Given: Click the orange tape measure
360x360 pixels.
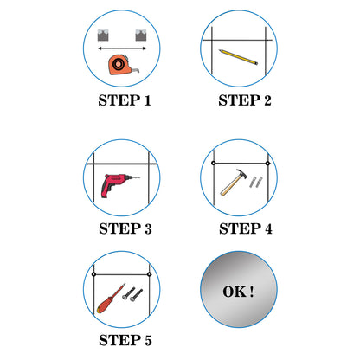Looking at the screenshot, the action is [x=120, y=64].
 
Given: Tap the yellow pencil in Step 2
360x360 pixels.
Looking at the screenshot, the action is [x=238, y=57].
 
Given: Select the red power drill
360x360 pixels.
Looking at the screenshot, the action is [x=115, y=184].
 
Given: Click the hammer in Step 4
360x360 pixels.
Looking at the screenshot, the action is [x=234, y=182].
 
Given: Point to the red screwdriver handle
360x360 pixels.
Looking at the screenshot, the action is [x=106, y=304].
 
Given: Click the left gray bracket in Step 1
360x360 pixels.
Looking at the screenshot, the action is [x=103, y=35].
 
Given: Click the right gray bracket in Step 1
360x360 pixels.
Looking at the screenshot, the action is [x=141, y=35].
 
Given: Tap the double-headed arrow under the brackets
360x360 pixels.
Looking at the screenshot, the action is [x=122, y=48].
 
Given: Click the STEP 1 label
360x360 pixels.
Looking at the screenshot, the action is [x=125, y=100].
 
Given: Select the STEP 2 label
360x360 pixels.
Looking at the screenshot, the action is [x=245, y=100].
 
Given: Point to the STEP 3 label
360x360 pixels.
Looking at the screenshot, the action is [x=125, y=228].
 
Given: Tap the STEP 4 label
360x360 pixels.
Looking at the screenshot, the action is [x=246, y=228].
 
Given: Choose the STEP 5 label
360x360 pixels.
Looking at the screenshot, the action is [x=125, y=340].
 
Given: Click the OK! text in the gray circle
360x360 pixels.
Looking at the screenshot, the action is [x=238, y=292].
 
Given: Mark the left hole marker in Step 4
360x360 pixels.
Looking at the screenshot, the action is [x=214, y=164].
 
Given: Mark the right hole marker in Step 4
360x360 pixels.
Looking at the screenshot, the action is [x=267, y=164].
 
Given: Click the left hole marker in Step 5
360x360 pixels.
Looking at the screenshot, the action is [x=93, y=274].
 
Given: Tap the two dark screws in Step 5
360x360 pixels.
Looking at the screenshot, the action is [x=132, y=294].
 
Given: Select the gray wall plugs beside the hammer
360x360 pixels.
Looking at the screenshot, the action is [x=256, y=182].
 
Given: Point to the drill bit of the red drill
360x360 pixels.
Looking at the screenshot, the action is [x=134, y=177].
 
